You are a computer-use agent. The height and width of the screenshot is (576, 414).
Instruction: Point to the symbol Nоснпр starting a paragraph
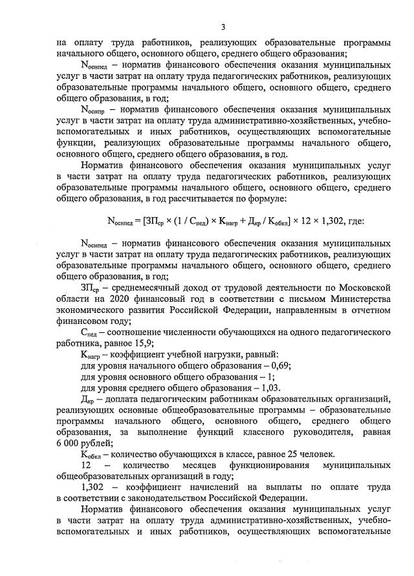94,111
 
